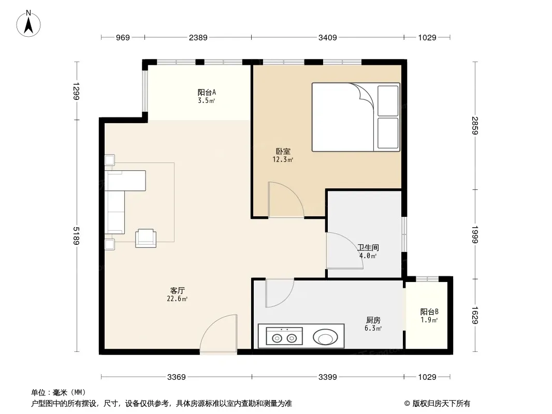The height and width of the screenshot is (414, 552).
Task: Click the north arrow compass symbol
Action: (28, 24)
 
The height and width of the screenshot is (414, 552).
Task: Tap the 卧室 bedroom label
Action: (283, 151)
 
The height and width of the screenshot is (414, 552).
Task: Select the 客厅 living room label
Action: (178, 290)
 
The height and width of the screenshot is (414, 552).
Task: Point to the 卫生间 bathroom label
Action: (368, 247)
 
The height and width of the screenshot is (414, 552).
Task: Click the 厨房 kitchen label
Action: (373, 320)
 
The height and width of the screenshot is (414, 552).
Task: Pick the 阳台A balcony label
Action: (207, 93)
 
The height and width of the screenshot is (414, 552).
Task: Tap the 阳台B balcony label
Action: (429, 312)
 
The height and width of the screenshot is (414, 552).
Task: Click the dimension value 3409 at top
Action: (327, 37)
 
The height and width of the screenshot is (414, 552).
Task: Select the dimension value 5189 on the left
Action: (77, 235)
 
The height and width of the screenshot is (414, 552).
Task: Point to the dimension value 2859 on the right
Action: (475, 125)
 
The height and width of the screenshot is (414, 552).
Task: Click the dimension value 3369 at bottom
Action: (177, 377)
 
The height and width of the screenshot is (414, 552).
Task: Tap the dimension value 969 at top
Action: (123, 37)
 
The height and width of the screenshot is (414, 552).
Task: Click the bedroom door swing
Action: (286, 199)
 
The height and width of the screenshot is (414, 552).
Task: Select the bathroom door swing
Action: (344, 251)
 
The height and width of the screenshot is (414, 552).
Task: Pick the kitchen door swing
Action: (280, 293)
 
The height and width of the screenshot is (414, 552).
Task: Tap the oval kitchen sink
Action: (325, 337)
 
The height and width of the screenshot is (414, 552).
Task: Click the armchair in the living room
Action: (146, 238)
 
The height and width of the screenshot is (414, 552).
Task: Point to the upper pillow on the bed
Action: (388, 100)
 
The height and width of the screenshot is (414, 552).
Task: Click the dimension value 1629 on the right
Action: (475, 316)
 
